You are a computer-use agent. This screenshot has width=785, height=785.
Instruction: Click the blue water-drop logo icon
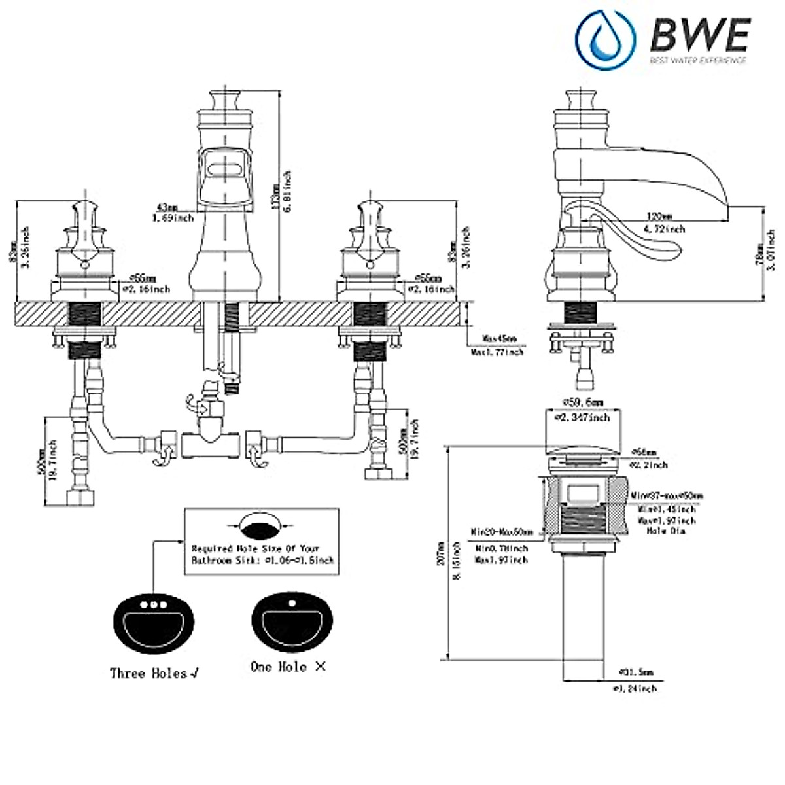604,36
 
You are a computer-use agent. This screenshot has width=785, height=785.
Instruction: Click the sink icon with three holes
154,621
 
